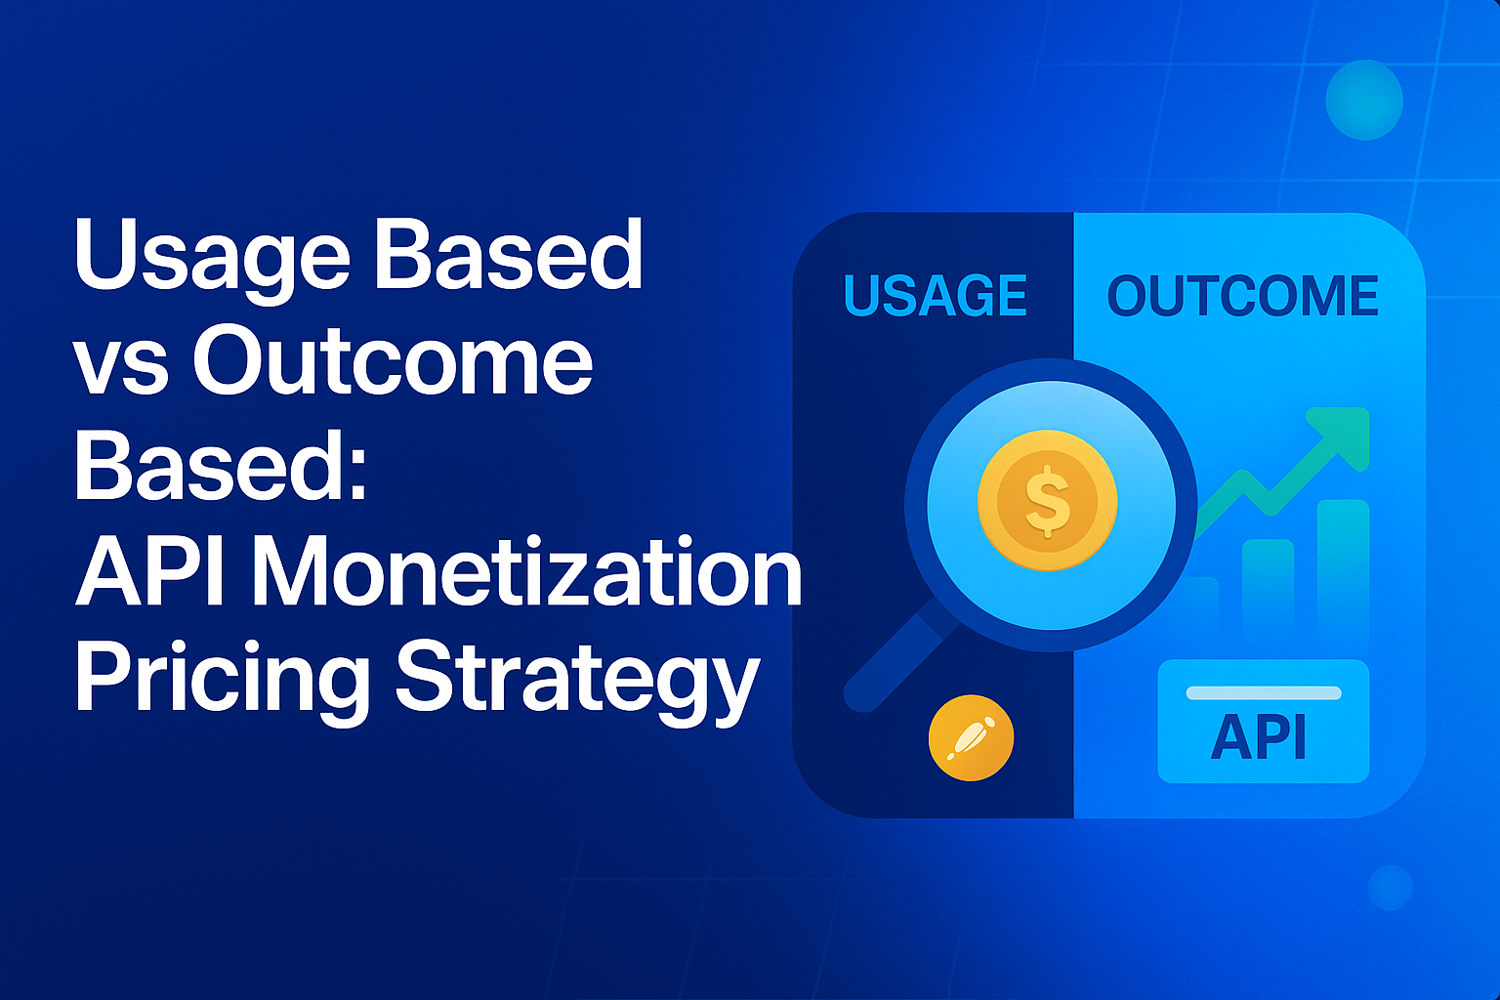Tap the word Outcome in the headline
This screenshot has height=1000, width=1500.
point(393,361)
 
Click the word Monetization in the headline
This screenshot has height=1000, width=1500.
point(527,573)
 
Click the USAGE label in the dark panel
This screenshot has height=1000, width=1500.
point(935,296)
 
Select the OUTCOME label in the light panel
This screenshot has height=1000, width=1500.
point(1242,296)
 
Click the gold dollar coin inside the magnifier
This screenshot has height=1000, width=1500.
point(1048,501)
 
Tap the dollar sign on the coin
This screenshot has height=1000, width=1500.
point(1048,501)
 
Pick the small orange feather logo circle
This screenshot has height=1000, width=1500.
point(971,738)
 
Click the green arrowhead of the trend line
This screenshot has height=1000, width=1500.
point(1345,434)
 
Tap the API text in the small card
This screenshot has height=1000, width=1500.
point(1259,737)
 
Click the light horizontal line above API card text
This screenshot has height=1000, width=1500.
point(1263,692)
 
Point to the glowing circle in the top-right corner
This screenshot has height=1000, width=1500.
point(1363,100)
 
